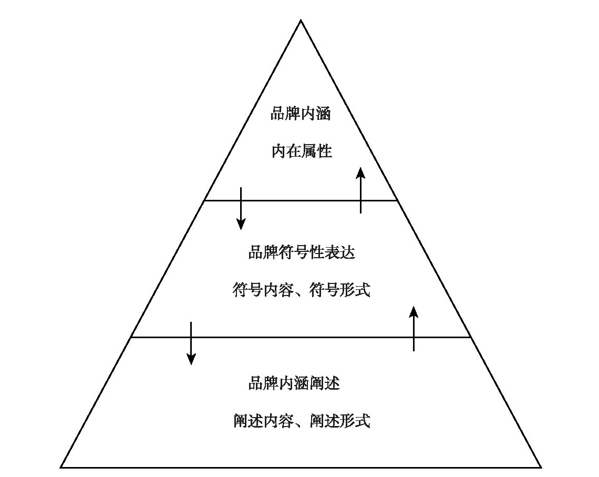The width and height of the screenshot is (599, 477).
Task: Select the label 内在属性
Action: point(302,151)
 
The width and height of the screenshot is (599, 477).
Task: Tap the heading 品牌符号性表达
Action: point(302,252)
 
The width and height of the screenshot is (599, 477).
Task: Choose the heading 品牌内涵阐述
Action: point(294,383)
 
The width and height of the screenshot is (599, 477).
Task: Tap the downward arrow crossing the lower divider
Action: point(191,343)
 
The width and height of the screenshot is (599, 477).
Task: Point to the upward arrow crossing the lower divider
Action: point(414,329)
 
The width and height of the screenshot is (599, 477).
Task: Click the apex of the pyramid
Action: point(301,21)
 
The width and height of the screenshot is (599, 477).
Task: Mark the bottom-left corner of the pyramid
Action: point(61,467)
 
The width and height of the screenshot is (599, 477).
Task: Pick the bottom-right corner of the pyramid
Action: point(540,467)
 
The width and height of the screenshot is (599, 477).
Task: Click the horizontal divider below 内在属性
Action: point(301,200)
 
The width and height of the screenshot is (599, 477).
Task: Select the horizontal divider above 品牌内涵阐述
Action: point(301,338)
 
